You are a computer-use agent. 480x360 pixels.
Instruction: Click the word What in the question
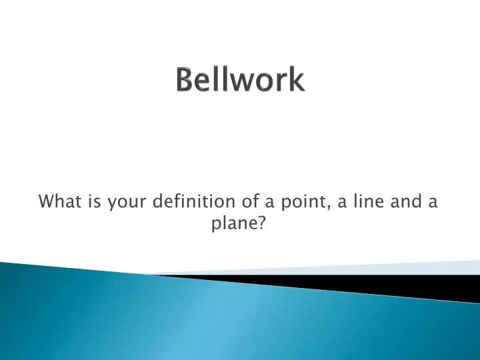click(x=56, y=201)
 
